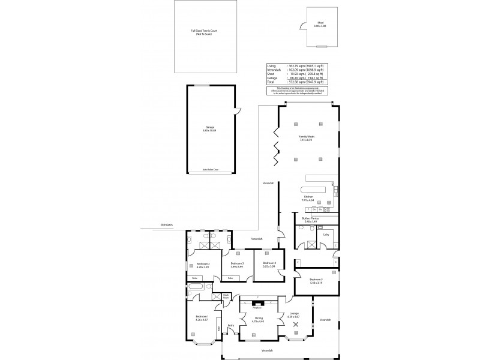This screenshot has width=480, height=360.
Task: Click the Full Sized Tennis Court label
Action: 201,32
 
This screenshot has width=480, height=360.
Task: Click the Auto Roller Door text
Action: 210,170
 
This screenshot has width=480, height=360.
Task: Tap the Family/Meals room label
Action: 306,138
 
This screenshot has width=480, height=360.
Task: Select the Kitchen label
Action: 308,197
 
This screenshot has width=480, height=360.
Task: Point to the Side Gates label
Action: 166,226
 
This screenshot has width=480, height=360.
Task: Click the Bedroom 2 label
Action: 202,264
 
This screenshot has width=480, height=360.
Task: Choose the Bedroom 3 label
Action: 237,264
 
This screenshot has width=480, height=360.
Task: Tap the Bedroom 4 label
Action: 269,264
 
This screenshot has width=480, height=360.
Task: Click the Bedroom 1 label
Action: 202,317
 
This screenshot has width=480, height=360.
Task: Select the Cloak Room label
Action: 226,296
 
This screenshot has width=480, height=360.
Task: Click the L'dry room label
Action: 326,235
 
